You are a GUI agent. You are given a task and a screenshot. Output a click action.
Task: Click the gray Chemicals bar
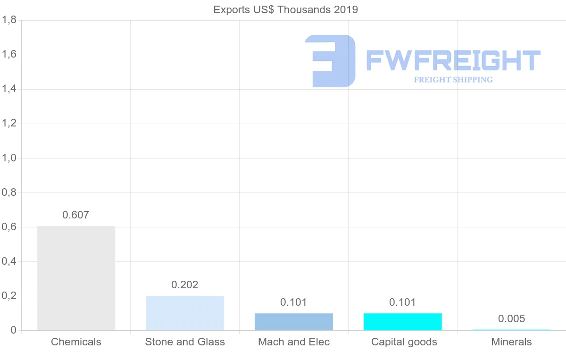click(x=76, y=278)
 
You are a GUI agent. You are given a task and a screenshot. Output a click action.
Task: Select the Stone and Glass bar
click(x=185, y=313)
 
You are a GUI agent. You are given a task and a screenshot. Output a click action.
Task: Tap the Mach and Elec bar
click(x=294, y=322)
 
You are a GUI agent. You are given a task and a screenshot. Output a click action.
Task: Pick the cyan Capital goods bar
click(x=403, y=322)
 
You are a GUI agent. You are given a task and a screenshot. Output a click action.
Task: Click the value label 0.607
click(x=76, y=215)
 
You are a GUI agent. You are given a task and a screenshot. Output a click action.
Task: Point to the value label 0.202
click(x=185, y=285)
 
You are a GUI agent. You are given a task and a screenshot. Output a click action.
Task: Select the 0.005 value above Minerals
click(x=512, y=319)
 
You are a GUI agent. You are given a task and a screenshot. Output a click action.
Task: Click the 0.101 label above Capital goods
click(x=403, y=302)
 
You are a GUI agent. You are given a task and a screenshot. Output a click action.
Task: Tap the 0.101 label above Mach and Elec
click(x=294, y=302)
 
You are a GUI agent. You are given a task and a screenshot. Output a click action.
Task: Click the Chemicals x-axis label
click(x=76, y=342)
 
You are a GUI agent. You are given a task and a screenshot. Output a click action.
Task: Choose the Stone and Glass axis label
click(x=185, y=342)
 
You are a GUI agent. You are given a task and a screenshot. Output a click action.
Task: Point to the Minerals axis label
click(x=512, y=342)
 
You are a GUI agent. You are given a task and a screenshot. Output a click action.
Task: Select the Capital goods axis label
click(x=404, y=342)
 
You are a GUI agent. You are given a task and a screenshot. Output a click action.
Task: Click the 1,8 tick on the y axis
click(x=9, y=20)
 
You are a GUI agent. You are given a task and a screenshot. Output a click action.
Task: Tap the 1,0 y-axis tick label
click(x=9, y=158)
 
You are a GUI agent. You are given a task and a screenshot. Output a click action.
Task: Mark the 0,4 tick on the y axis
click(x=9, y=261)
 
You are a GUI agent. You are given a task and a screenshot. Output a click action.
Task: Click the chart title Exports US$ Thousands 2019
click(x=286, y=9)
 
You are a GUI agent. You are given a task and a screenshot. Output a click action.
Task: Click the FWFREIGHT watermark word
click(x=453, y=61)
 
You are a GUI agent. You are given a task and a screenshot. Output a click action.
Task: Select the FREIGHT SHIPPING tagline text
click(x=453, y=80)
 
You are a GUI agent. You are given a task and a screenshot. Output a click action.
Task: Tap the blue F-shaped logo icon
click(x=330, y=61)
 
